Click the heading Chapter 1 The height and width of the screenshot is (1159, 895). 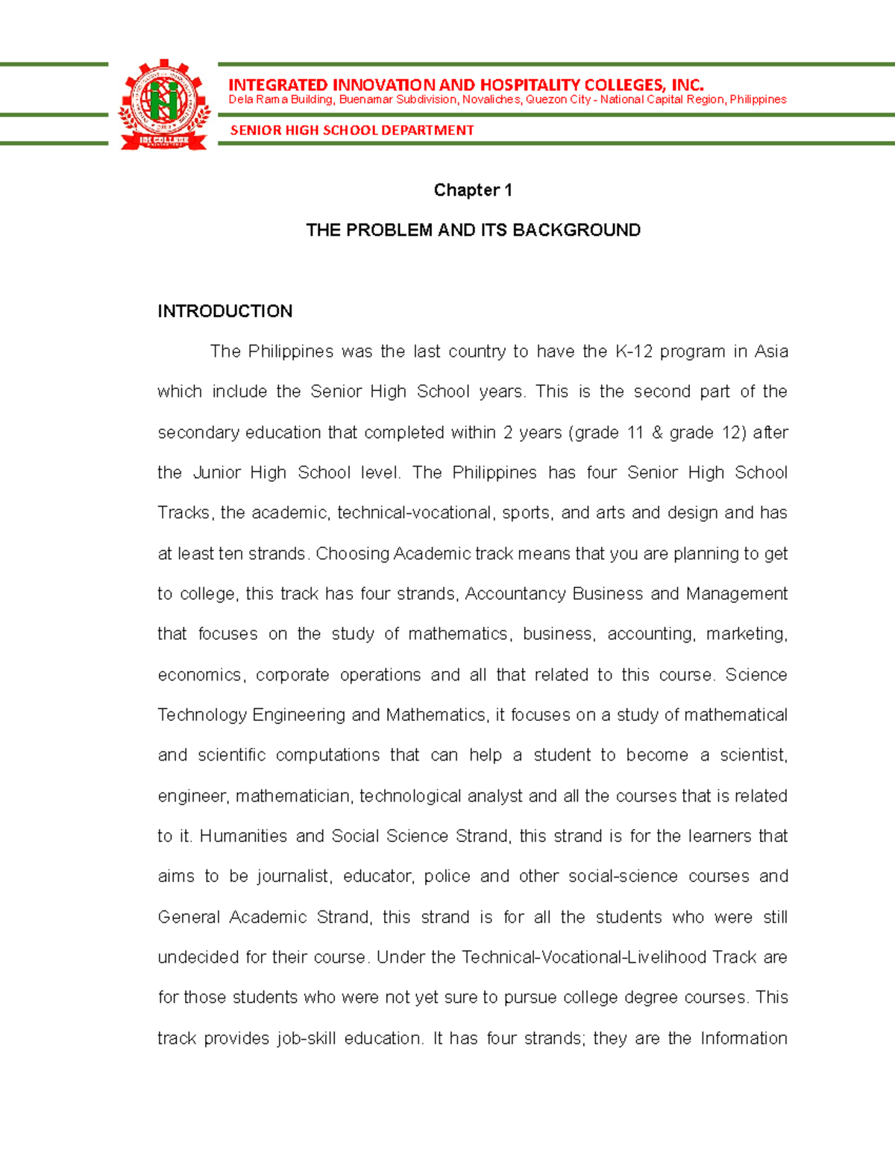coord(473,190)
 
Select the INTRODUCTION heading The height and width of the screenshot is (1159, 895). coord(224,311)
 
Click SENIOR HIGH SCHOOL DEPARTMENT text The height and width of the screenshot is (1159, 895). coord(352,131)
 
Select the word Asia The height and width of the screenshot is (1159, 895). coord(770,352)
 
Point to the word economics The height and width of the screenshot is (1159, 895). coord(200,675)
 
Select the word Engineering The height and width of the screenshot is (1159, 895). coord(298,715)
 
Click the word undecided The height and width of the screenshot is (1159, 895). coord(198,957)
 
